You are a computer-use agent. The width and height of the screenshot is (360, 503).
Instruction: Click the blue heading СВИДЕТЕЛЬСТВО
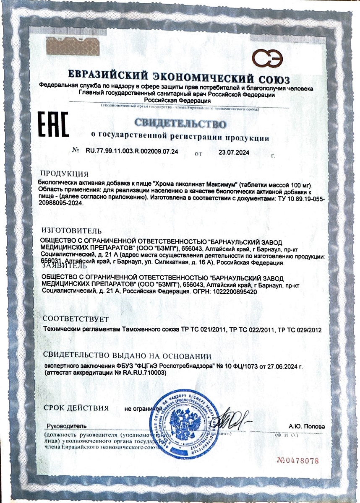(180, 124)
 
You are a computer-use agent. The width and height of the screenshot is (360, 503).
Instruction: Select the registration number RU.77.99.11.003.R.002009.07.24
(131, 153)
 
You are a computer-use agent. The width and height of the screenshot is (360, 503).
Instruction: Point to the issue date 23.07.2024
(234, 153)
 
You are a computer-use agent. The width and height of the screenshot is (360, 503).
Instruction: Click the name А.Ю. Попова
(307, 426)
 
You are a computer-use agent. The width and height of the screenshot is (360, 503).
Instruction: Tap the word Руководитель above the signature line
(67, 426)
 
